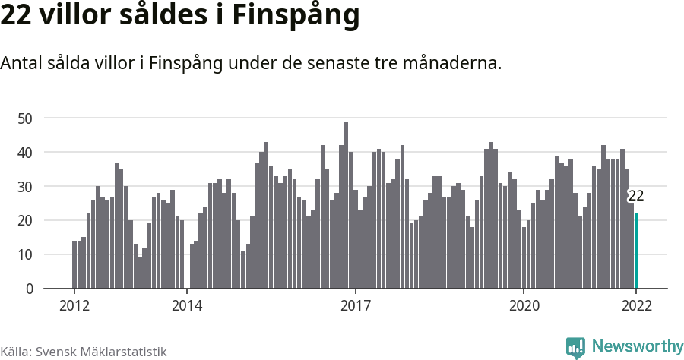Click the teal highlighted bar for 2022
coord(636,251)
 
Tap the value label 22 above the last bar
coord(636,196)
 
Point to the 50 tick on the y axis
coord(25,118)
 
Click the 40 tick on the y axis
coord(25,153)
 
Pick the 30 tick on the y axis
coord(25,187)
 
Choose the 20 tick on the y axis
coord(25,221)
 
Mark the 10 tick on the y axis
coord(25,255)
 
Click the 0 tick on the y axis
coord(29,289)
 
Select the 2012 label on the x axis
coord(74,306)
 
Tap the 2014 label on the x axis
coord(187,306)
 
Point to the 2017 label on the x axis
coord(355,306)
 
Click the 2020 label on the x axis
coord(524,306)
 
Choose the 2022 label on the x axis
coord(636,306)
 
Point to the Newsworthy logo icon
coord(575,348)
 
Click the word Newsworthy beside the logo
coord(637,347)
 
